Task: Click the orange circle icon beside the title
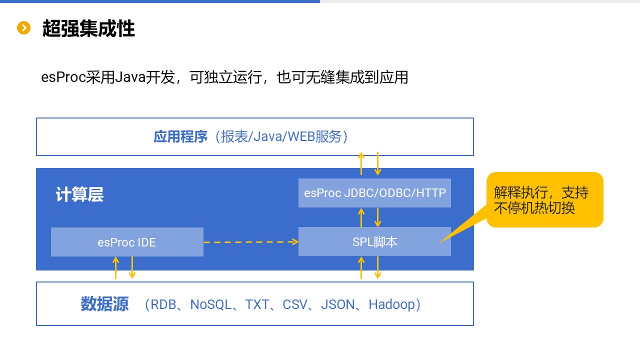click(23, 28)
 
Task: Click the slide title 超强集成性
click(88, 28)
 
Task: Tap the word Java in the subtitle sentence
click(130, 77)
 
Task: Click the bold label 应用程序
click(180, 136)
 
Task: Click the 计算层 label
click(79, 194)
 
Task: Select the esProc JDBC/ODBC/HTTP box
click(374, 192)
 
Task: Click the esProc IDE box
click(127, 242)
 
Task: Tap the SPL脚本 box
click(374, 242)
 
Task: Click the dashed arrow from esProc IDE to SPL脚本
click(250, 242)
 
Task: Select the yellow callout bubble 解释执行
click(544, 199)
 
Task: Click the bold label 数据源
click(104, 304)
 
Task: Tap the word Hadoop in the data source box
click(391, 304)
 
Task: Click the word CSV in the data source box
click(295, 304)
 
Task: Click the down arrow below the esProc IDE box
click(132, 268)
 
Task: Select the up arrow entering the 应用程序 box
click(361, 163)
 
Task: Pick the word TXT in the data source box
click(257, 304)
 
